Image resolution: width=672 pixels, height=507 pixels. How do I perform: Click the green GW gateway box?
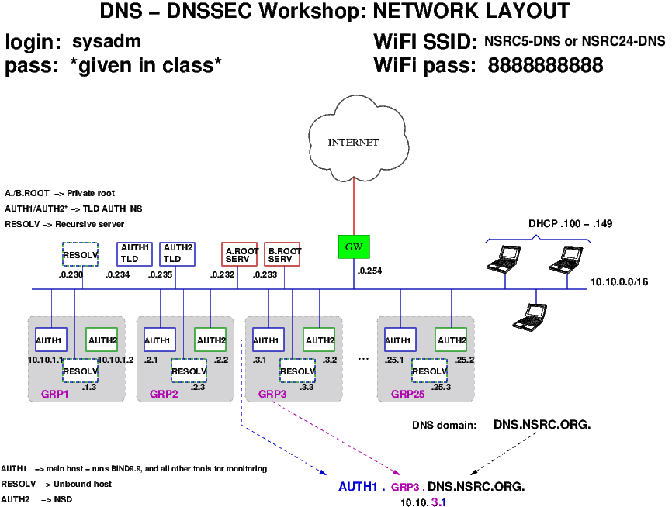coord(354,247)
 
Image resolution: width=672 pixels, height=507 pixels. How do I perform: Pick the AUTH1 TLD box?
coord(133,253)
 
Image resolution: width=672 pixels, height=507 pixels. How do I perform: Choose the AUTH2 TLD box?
coord(177,253)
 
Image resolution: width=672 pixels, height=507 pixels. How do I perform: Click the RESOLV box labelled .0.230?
coord(81,255)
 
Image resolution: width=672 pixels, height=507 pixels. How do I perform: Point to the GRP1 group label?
coord(55,394)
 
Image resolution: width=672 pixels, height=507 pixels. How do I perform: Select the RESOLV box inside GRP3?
coord(297,371)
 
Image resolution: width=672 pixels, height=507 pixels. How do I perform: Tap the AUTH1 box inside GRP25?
coord(398,340)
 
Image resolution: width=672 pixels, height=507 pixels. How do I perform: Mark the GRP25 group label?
coord(408,394)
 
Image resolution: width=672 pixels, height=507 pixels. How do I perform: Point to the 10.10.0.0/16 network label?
coord(618,281)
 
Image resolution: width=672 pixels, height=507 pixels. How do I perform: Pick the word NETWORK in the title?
coord(420,12)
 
